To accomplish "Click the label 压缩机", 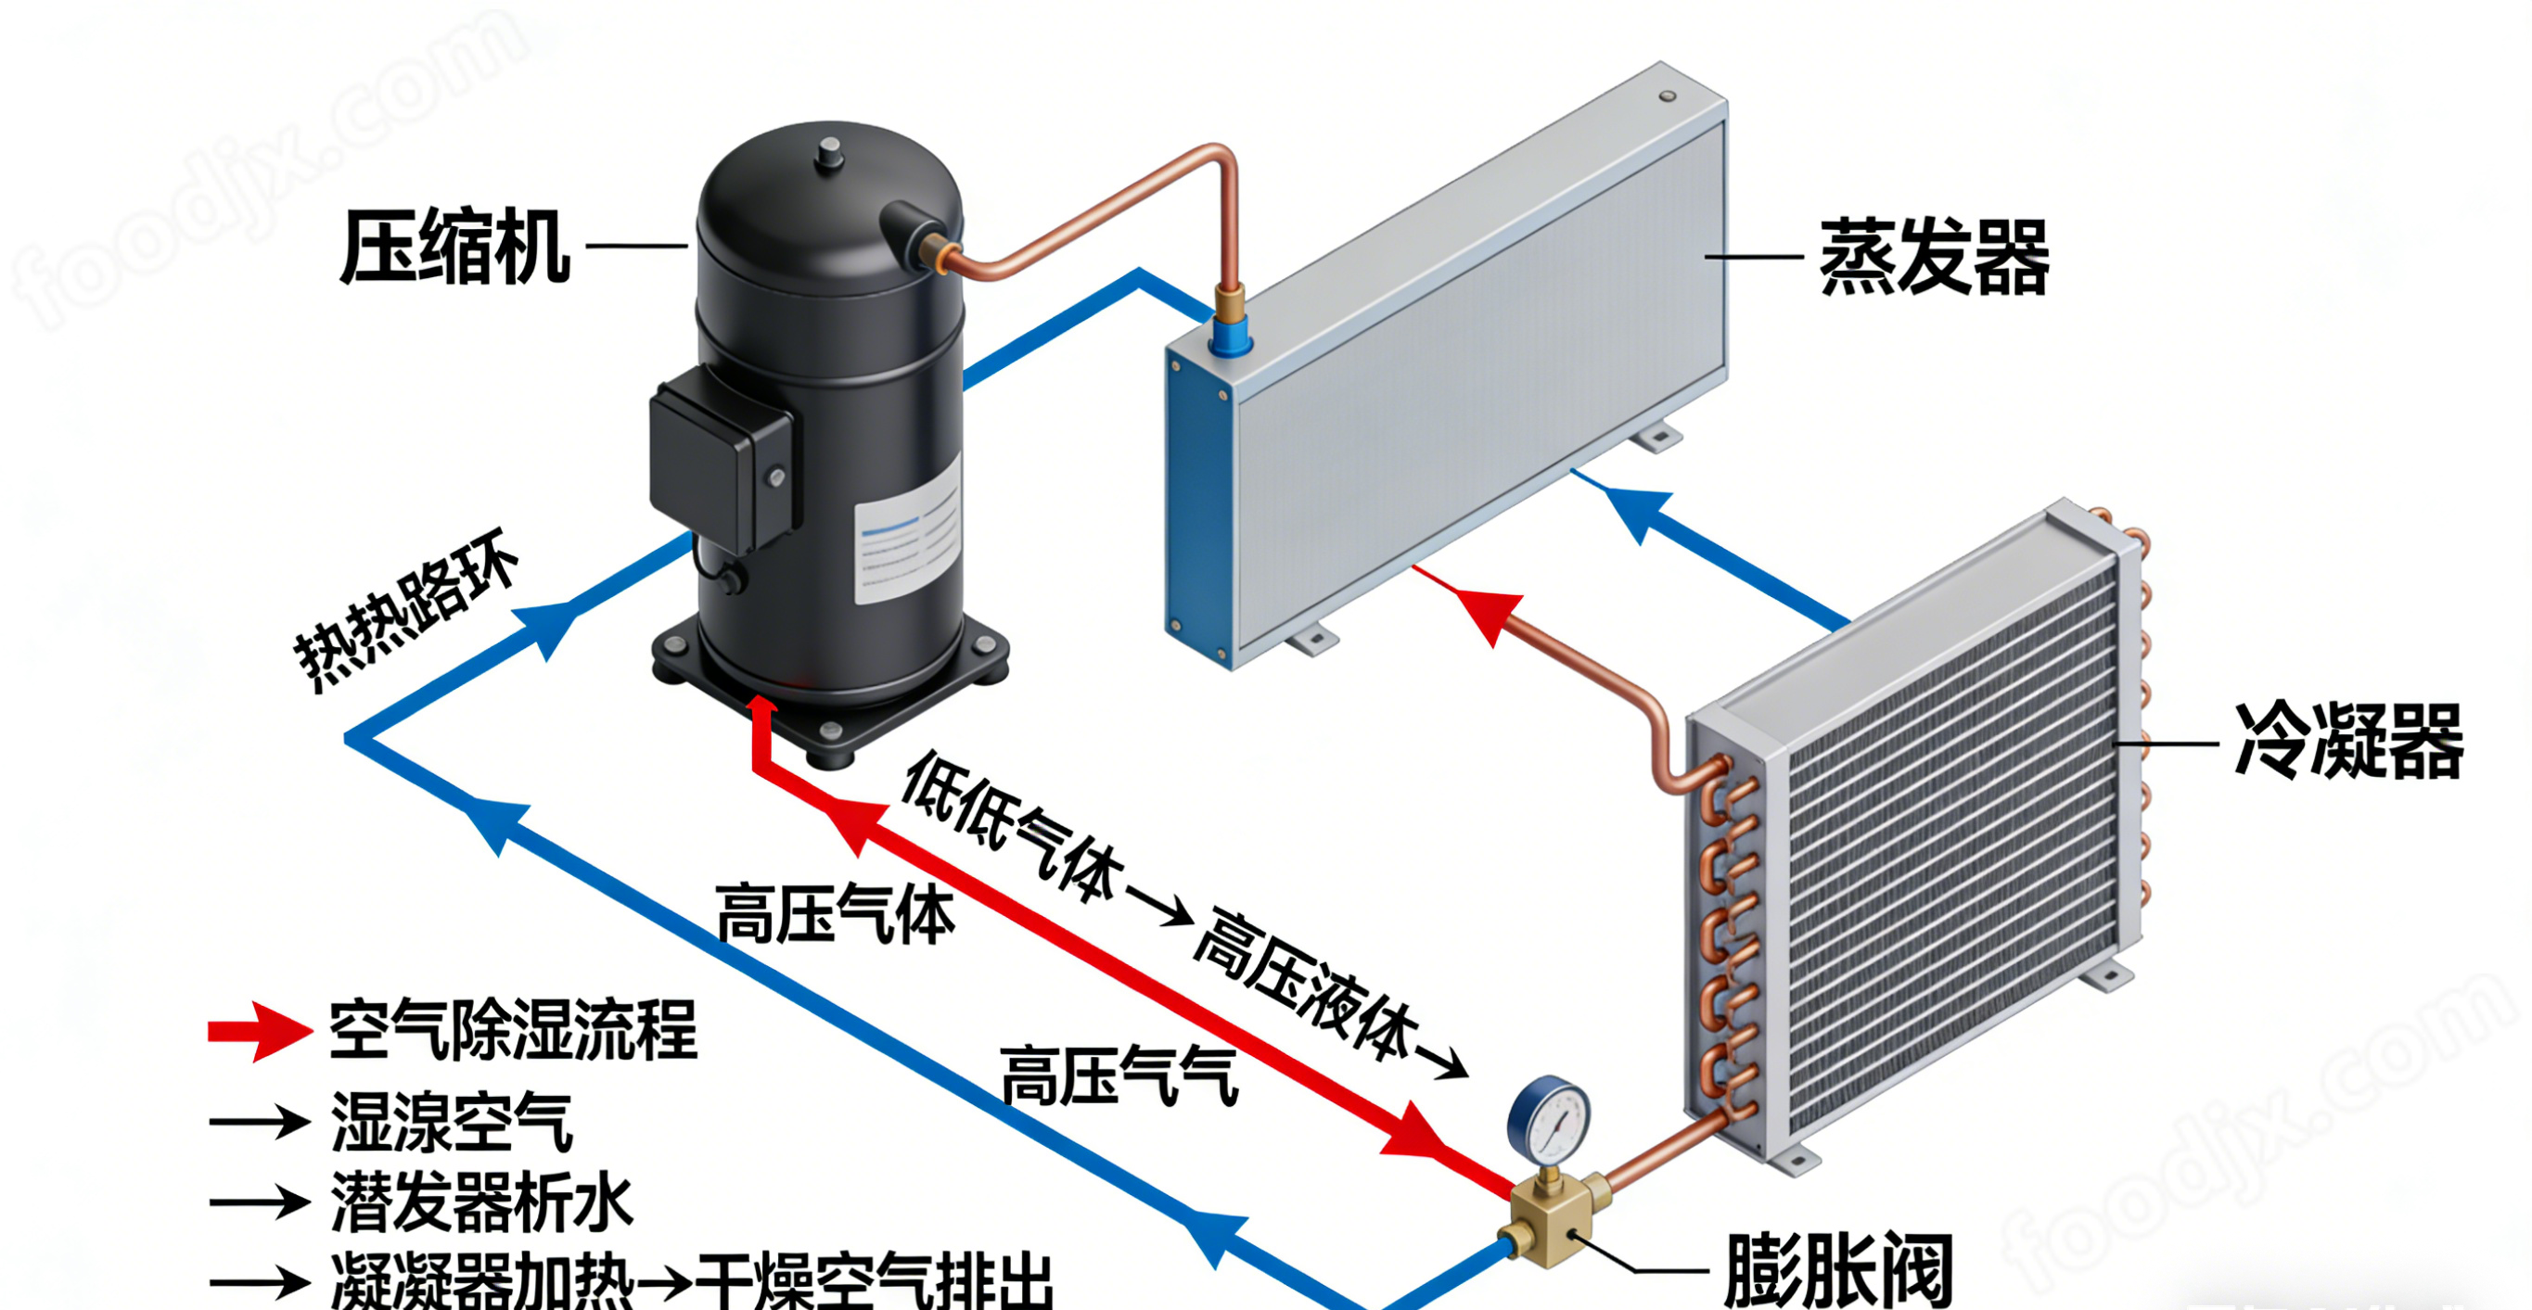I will click(454, 247).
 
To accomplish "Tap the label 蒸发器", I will click(1934, 258).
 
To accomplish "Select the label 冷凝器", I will click(2348, 742).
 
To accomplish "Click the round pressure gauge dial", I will click(1549, 1121).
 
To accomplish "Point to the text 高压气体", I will click(835, 914).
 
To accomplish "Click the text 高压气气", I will click(1119, 1076).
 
